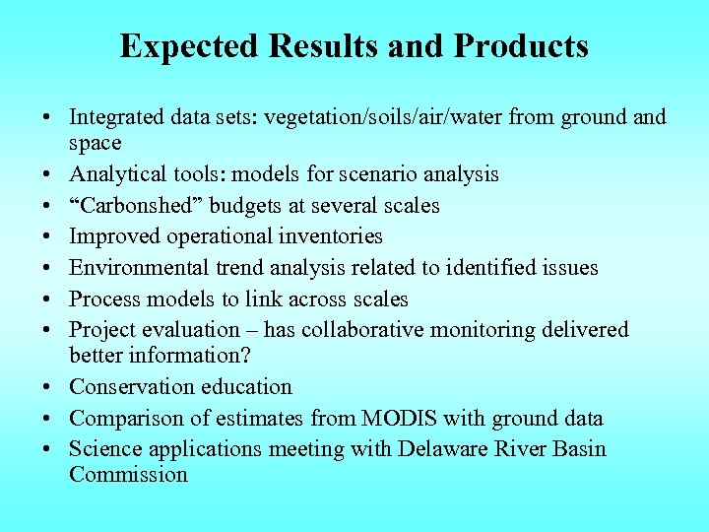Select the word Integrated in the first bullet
(x=115, y=118)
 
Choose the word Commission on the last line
(x=128, y=474)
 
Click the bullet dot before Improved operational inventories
(x=47, y=237)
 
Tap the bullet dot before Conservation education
(x=47, y=387)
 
